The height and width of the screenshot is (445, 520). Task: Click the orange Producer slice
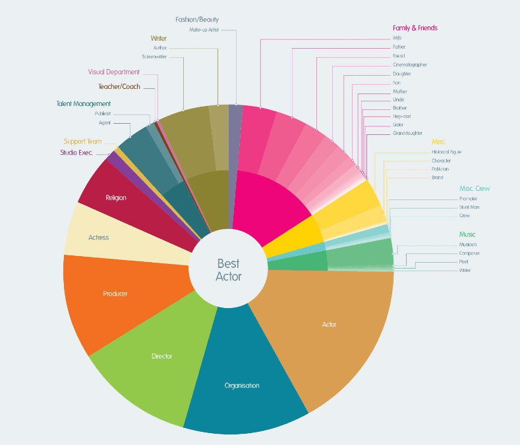click(x=115, y=294)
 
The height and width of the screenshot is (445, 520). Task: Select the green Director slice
click(x=161, y=356)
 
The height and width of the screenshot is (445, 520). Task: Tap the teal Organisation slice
click(x=242, y=385)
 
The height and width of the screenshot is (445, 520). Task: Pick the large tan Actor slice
click(x=329, y=324)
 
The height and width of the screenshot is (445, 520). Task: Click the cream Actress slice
click(x=98, y=237)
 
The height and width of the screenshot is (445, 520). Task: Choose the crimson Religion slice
click(x=115, y=197)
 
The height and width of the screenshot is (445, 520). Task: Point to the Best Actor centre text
click(x=228, y=270)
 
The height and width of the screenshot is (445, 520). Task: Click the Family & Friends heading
click(x=415, y=28)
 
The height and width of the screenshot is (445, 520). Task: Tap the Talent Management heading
click(x=83, y=104)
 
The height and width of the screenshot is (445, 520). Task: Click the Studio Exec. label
click(x=76, y=153)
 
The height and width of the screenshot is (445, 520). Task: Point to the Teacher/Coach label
click(x=119, y=86)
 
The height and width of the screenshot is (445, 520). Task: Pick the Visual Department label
click(x=114, y=72)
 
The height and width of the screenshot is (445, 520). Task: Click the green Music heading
click(x=467, y=234)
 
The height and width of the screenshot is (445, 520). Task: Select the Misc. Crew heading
click(x=475, y=189)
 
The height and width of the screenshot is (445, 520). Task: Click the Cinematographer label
click(x=409, y=65)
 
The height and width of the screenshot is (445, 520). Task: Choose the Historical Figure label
click(x=446, y=151)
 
